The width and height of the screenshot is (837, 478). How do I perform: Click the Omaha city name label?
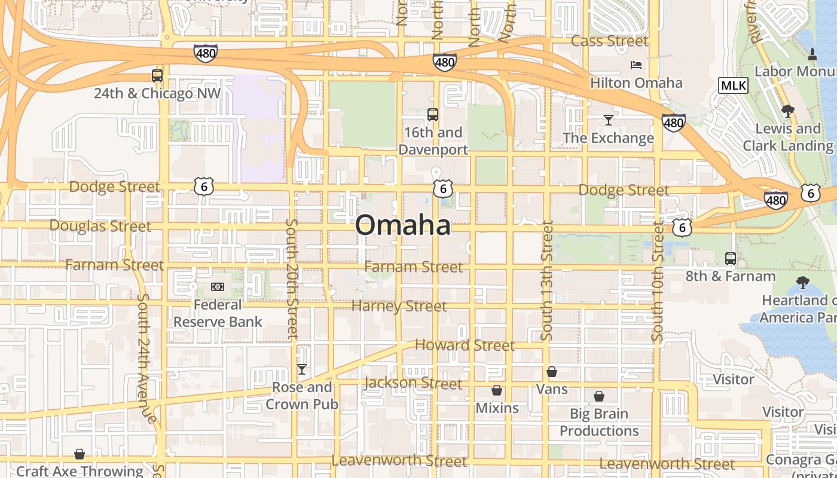coord(402,225)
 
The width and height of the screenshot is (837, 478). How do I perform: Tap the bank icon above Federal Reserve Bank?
coord(218,287)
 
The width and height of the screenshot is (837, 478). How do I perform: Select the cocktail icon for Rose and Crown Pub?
coord(302,369)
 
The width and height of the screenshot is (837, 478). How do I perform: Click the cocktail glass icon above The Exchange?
coord(608,120)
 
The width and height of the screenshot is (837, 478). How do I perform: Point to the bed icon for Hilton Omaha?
coord(636,65)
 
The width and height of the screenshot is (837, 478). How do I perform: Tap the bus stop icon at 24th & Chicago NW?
coord(157,76)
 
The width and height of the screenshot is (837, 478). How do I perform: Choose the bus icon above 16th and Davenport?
coord(432,115)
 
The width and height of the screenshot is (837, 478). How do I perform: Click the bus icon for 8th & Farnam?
coord(730,259)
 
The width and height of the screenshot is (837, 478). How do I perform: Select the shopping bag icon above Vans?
coord(552,372)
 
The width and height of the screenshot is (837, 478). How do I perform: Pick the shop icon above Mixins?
coord(497,391)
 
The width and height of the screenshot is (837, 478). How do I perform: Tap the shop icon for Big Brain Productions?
coord(599,396)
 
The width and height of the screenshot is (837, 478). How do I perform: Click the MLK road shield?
coord(733,85)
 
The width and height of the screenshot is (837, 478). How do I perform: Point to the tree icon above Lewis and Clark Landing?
coord(787,111)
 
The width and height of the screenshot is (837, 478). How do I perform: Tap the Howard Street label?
coord(465,345)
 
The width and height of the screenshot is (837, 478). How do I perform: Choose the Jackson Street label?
coord(413,383)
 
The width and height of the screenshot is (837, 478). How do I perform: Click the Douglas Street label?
coord(100,226)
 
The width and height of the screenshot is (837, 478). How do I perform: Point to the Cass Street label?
coord(609,41)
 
